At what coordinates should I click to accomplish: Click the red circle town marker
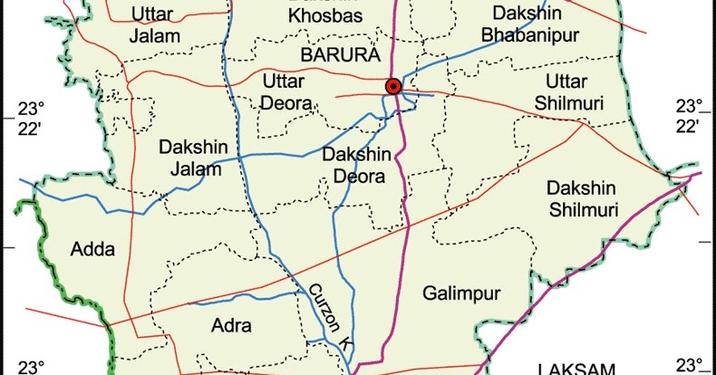point(392,86)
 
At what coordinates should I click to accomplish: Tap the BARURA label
point(339,56)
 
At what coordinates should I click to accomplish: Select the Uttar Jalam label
point(155,24)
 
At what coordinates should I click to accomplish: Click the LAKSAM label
point(576,369)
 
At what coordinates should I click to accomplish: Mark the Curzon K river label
point(328,317)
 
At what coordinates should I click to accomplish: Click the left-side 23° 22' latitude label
point(30,117)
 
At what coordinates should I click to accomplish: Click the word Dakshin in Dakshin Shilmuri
point(582,188)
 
